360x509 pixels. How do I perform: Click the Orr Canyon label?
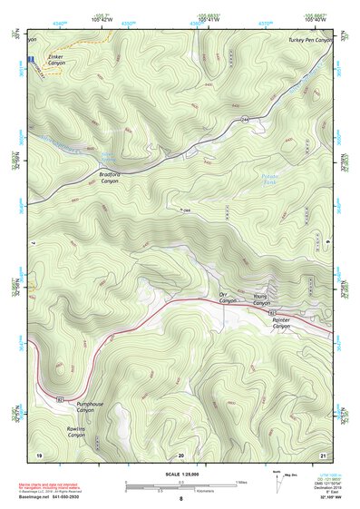(227, 298)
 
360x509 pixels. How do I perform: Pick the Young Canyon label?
(261, 300)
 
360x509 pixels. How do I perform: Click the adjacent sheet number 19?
(39, 454)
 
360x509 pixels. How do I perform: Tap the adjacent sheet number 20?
(181, 454)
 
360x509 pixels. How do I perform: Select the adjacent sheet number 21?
(322, 454)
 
